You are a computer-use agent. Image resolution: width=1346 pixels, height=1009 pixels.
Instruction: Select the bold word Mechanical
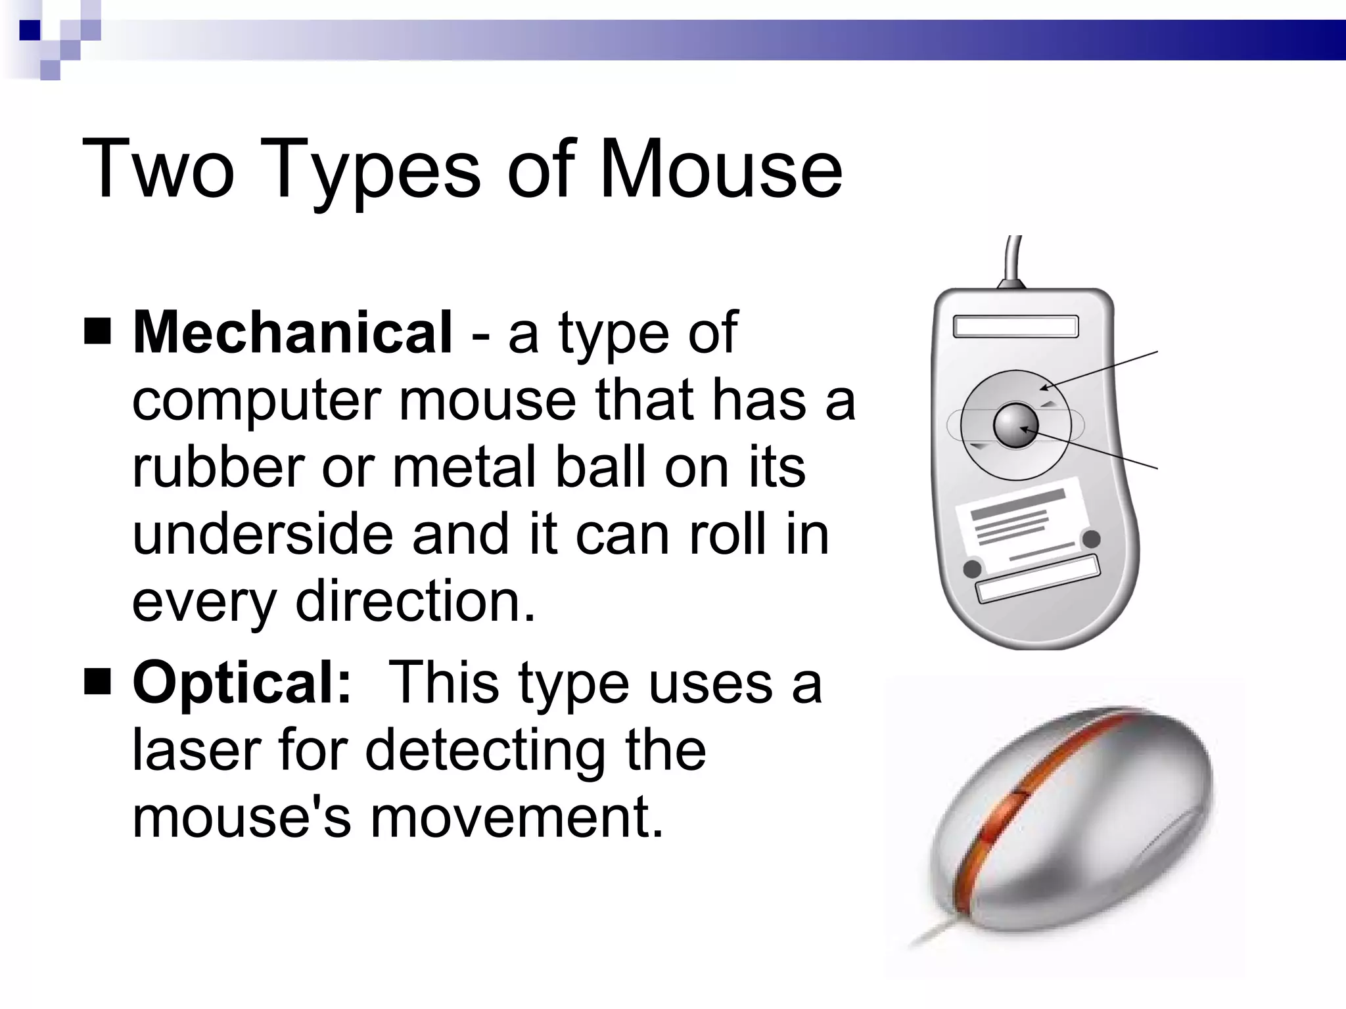tap(292, 332)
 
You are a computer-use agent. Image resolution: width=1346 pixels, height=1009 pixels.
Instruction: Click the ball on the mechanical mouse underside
tap(1015, 426)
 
